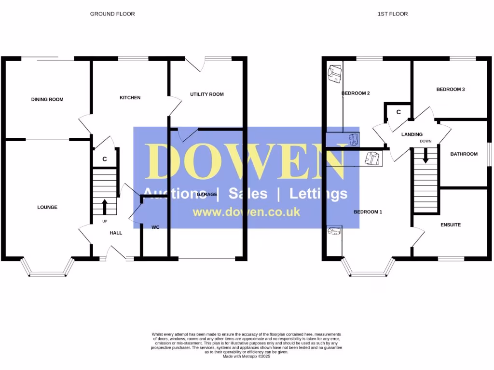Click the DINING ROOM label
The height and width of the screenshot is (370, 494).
pos(47,99)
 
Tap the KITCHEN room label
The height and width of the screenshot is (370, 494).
pos(130,98)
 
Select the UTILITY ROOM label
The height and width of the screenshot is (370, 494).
pos(206,94)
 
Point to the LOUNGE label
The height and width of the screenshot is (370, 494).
pos(47,207)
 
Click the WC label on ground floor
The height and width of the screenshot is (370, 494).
pos(155,227)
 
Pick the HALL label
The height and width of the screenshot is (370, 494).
pos(116,233)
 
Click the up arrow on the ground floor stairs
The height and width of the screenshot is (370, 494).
pos(105,207)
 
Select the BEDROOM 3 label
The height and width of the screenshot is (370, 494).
pos(450,89)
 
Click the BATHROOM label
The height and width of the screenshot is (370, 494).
pos(464,154)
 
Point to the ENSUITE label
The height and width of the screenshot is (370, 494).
pos(450,225)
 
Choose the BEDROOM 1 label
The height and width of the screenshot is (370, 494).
pos(368,212)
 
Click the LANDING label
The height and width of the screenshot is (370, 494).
pos(412,134)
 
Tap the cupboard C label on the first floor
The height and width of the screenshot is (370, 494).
pos(398,112)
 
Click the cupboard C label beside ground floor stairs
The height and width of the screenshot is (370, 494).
pos(104,159)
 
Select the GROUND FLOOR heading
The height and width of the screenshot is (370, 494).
pos(112,14)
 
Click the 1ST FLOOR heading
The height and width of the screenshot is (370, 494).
pos(392,14)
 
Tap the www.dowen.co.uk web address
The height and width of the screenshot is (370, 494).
pos(246,212)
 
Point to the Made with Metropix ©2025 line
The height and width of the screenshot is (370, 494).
pos(247,356)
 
